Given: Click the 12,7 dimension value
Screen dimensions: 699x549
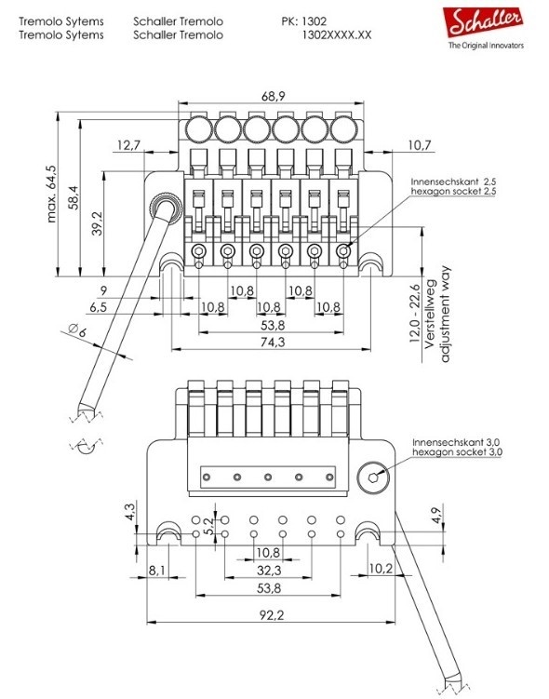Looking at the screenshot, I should coord(130,145).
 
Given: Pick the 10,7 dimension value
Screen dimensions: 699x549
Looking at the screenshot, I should coord(419,145).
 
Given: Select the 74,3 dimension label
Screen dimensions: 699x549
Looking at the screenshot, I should coord(274,343).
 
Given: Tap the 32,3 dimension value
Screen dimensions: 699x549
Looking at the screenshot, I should coord(269,569).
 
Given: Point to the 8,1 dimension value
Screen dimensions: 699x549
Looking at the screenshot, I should coord(157,569).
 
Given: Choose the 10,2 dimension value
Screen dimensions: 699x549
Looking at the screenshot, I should coord(382,569).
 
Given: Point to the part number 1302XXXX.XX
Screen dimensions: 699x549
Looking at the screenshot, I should coord(337,34).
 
